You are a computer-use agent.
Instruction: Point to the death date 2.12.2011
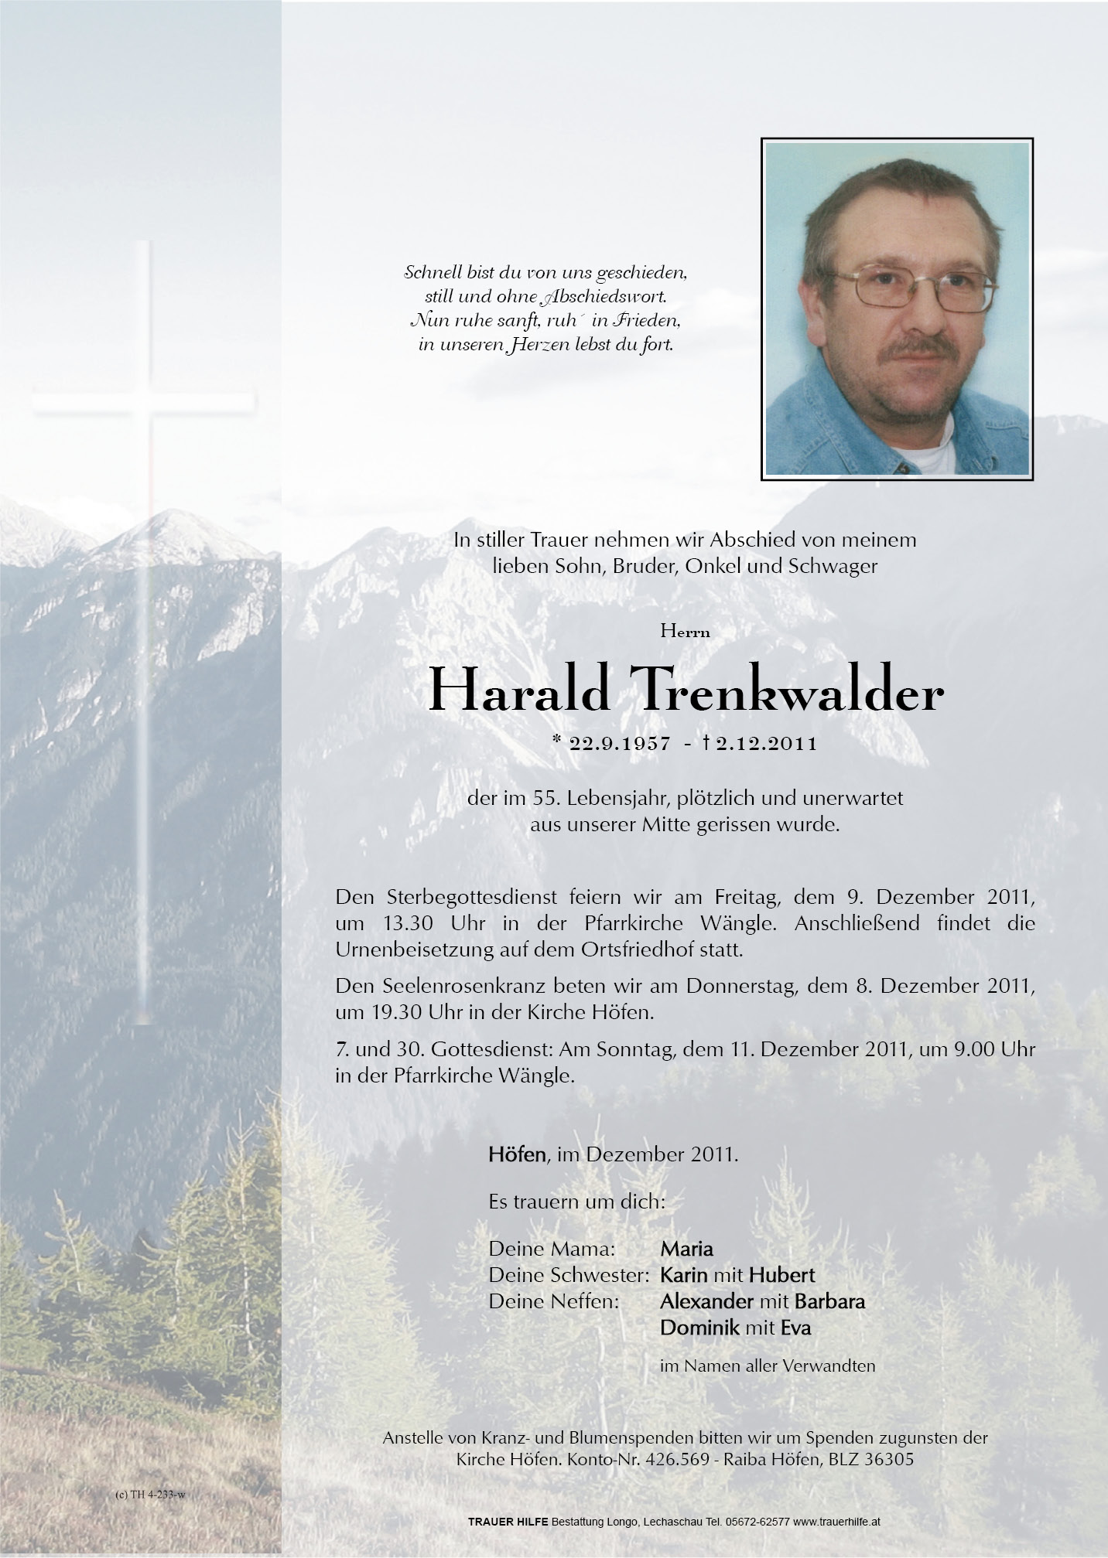tap(766, 744)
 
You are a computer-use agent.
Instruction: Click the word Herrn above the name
tap(686, 632)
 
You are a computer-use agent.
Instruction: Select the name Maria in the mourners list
tap(686, 1248)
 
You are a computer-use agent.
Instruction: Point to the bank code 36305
tap(891, 1460)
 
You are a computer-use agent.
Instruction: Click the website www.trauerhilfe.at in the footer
tap(836, 1522)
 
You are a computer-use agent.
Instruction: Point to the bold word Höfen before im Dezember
tap(517, 1176)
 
